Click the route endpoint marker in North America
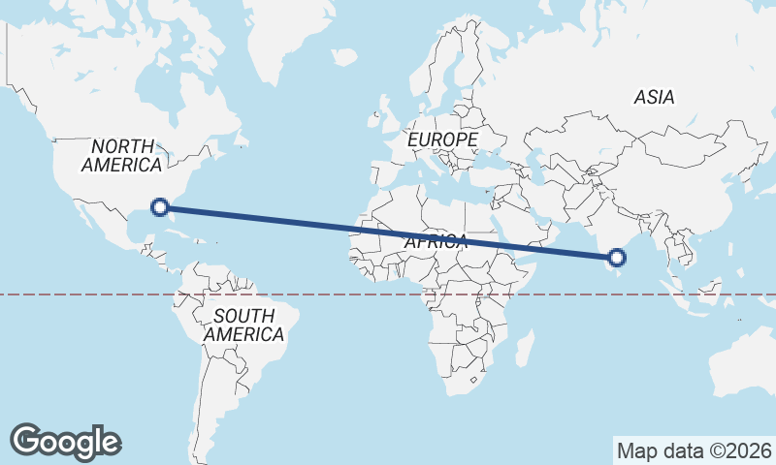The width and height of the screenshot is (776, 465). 161,205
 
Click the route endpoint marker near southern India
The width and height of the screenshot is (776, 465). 617,257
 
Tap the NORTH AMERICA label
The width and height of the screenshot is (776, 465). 121,155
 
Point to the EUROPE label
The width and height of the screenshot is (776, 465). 442,140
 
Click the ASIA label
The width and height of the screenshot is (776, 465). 654,97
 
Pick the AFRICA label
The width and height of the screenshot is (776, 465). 436,242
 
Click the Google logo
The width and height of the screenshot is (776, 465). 65,441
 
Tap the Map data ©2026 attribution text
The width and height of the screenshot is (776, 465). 694,450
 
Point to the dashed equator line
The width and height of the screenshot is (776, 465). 97,294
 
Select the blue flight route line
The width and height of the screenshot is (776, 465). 388,231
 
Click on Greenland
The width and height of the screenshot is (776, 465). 291,39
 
